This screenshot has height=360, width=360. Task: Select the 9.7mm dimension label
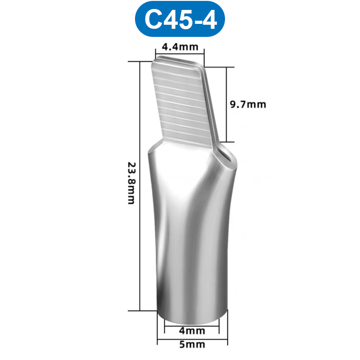tap(248, 105)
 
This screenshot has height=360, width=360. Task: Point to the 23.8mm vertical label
tap(131, 183)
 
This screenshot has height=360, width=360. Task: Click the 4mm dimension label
tap(192, 331)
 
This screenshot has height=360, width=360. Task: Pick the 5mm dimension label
tap(192, 345)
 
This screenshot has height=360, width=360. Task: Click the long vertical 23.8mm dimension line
tap(140, 184)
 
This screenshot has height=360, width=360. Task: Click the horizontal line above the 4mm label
tap(192, 324)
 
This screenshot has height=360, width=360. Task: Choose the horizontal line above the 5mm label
tap(192, 338)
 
